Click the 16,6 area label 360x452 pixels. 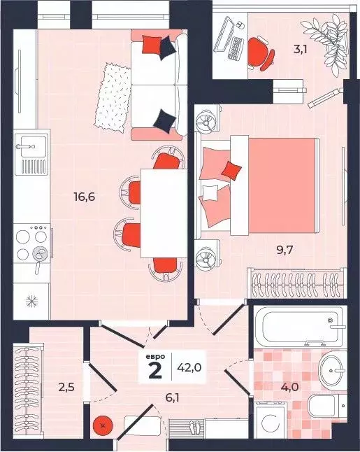(85, 197)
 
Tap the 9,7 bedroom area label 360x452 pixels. (285, 250)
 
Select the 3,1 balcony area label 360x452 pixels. (301, 50)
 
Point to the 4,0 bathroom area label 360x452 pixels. (290, 387)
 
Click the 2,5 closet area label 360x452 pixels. (66, 387)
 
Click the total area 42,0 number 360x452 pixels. (189, 367)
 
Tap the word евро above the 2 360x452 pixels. (155, 357)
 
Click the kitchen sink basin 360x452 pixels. (34, 146)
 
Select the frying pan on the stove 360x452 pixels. (39, 255)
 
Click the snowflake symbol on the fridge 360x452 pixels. (31, 302)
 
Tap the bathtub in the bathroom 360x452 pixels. (298, 327)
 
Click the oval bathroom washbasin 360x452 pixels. (331, 371)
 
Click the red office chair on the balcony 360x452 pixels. (260, 54)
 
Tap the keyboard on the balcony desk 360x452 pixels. (234, 48)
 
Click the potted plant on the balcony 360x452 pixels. (326, 43)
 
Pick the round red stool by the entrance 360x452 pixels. (103, 425)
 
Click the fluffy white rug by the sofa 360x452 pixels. (113, 97)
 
